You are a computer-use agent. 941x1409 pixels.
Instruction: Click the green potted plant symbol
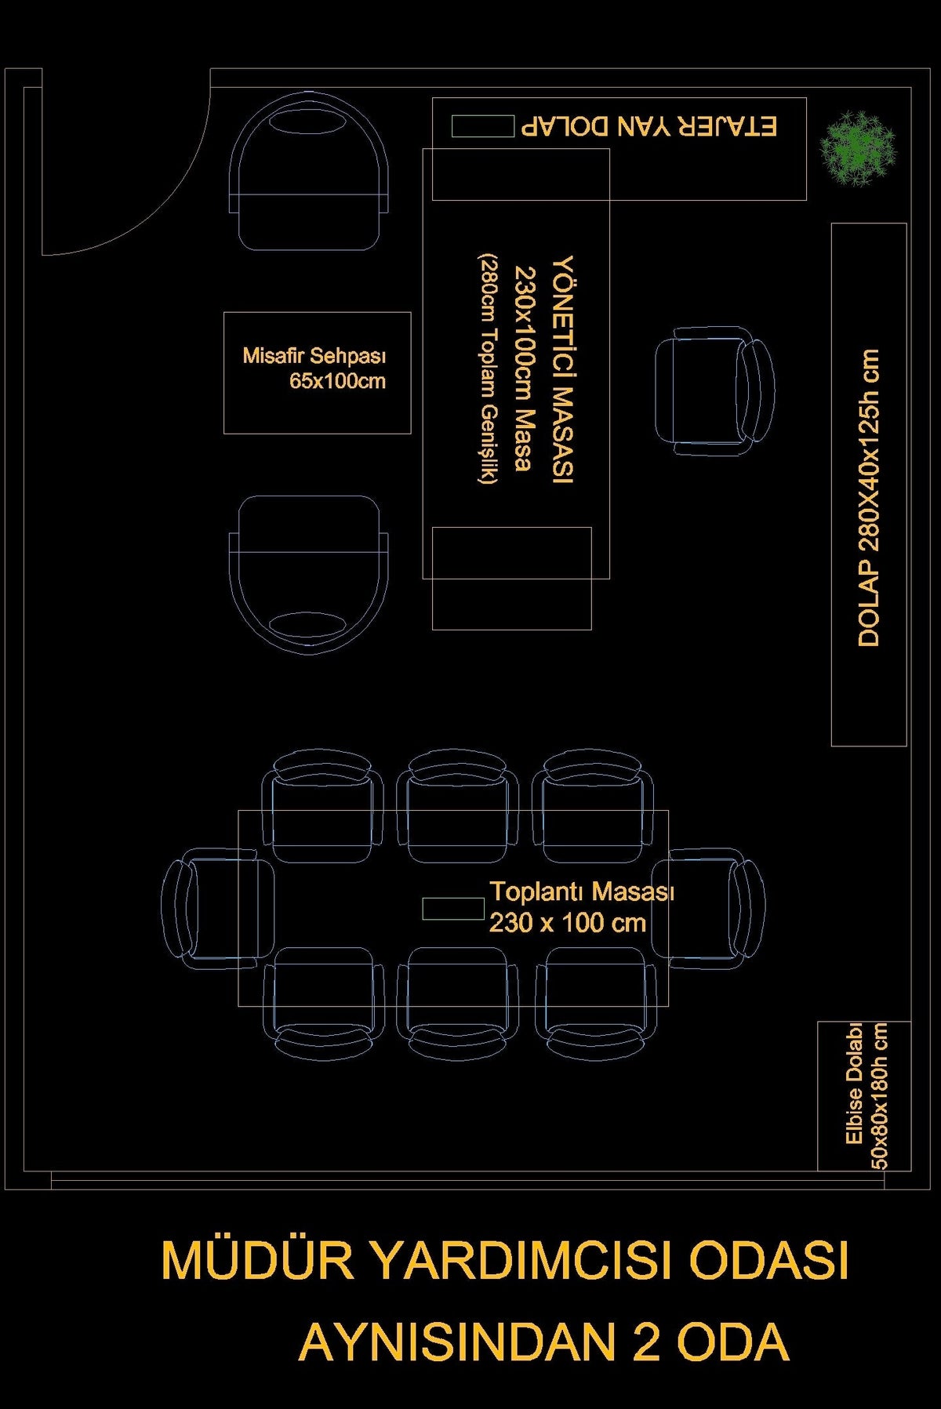(856, 148)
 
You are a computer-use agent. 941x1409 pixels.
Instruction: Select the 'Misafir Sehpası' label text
(314, 356)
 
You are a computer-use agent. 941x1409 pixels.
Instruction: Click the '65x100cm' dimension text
(337, 382)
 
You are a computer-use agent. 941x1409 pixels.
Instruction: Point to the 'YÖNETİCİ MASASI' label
(563, 369)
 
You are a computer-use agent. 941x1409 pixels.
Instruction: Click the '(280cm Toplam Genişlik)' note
(488, 369)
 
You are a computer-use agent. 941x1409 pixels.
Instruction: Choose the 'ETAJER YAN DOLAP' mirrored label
(649, 126)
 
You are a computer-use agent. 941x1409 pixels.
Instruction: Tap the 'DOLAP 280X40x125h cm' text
(869, 498)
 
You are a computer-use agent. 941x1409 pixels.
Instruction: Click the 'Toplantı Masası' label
(582, 892)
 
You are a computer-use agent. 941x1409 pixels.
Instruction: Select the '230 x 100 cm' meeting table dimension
(568, 922)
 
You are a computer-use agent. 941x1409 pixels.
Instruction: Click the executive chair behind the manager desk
(714, 391)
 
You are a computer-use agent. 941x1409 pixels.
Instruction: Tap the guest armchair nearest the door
(309, 172)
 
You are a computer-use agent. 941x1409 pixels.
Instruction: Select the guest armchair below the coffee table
(309, 574)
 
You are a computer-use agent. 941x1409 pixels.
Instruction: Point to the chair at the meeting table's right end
(707, 903)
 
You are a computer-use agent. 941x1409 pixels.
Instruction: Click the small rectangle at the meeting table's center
(453, 909)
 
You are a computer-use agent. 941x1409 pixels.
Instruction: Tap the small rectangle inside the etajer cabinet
(482, 125)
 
